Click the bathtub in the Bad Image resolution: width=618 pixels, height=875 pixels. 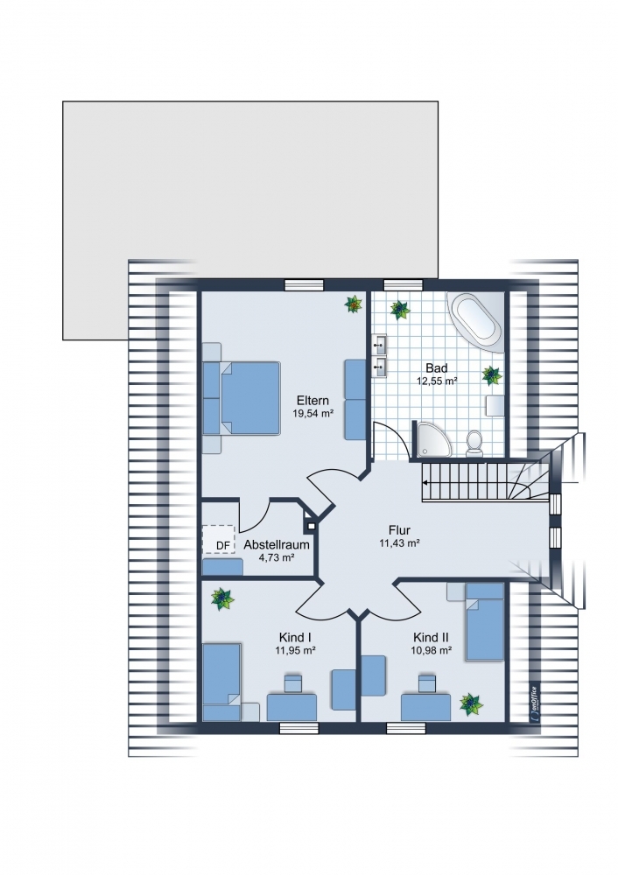474,322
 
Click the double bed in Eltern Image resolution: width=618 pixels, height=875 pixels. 242,398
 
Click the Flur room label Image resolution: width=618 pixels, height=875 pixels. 400,531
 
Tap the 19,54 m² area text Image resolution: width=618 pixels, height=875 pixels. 313,414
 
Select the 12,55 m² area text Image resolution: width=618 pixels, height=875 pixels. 437,381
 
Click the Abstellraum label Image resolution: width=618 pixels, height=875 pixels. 277,544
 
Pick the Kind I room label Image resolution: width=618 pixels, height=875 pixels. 295,637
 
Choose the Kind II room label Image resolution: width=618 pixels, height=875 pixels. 431,637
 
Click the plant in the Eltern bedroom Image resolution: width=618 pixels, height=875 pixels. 353,304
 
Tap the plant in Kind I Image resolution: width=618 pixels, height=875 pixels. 222,598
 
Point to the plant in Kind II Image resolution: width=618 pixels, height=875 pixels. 471,704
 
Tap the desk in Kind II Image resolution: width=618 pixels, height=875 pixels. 425,707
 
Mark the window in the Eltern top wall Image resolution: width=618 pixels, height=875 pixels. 305,285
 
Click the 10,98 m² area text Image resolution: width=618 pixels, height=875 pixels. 431,650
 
